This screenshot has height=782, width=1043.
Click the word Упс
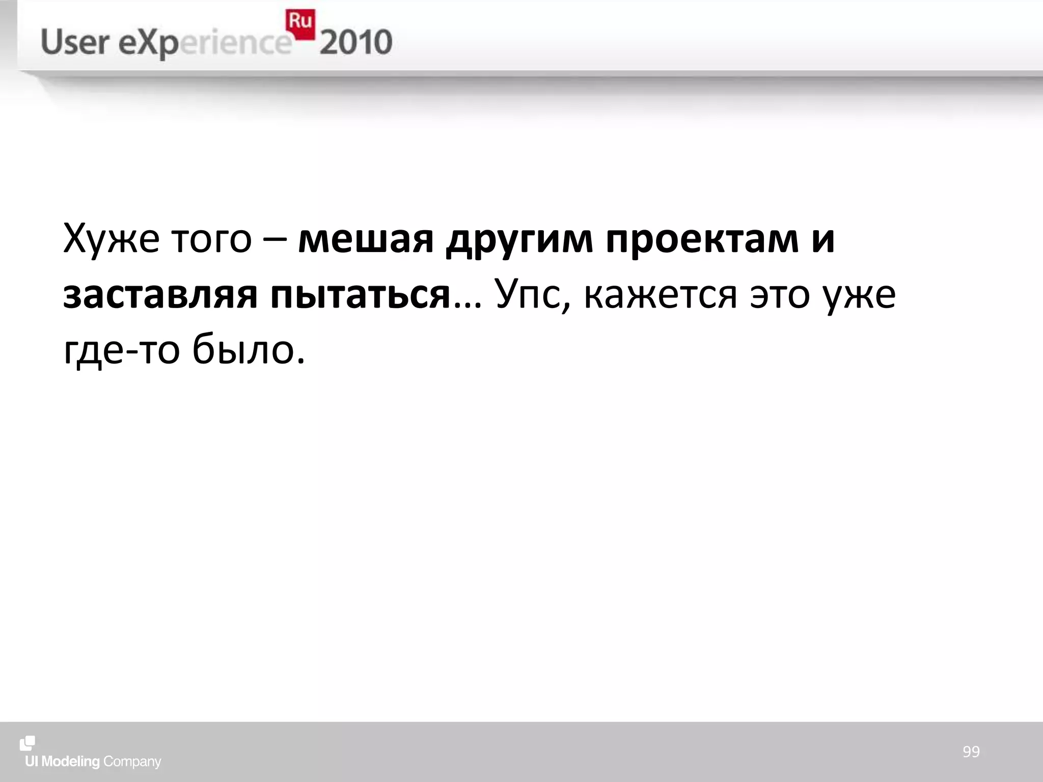[532, 295]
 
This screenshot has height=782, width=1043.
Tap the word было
[249, 351]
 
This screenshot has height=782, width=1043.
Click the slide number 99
[971, 751]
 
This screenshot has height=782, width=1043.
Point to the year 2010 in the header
[356, 43]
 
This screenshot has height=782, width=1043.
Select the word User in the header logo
[75, 42]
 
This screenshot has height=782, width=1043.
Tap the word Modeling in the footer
[70, 762]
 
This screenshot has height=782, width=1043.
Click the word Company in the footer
[132, 762]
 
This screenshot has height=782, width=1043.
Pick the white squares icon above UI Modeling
[28, 743]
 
